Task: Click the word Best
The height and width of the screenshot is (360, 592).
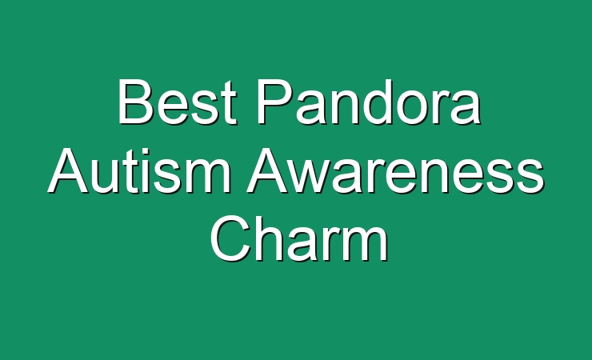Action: click(x=178, y=102)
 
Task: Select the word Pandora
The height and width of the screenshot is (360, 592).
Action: click(x=370, y=102)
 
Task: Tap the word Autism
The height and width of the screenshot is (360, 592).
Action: click(x=140, y=170)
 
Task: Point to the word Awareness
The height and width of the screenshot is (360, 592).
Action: click(x=396, y=170)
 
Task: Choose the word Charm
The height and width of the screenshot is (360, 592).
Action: click(x=299, y=239)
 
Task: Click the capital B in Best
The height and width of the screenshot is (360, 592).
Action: click(x=135, y=102)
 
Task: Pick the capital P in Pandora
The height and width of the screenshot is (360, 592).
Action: click(x=274, y=102)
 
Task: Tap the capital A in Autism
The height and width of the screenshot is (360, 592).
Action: click(x=69, y=170)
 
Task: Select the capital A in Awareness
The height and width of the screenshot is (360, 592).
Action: click(x=267, y=170)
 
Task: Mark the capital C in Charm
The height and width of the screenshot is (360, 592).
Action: click(x=230, y=239)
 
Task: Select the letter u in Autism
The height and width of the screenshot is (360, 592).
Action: click(x=107, y=178)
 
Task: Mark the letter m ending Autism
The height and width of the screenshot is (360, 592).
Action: click(x=209, y=176)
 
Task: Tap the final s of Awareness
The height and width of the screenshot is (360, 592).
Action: click(x=530, y=177)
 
